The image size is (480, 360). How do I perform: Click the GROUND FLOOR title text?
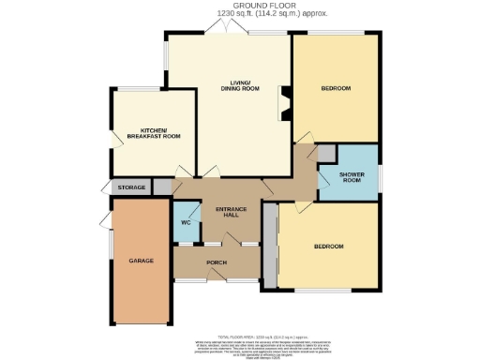click(239, 6)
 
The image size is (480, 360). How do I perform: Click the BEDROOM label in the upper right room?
click(336, 88)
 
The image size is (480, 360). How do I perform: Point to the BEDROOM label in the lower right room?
click(328, 247)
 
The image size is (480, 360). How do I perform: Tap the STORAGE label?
click(132, 187)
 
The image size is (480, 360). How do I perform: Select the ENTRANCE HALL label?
click(228, 211)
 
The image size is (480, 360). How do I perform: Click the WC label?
click(186, 222)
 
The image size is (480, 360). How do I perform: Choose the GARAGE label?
click(141, 260)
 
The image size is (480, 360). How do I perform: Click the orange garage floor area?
click(141, 281)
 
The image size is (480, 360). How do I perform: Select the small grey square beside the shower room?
click(324, 153)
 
